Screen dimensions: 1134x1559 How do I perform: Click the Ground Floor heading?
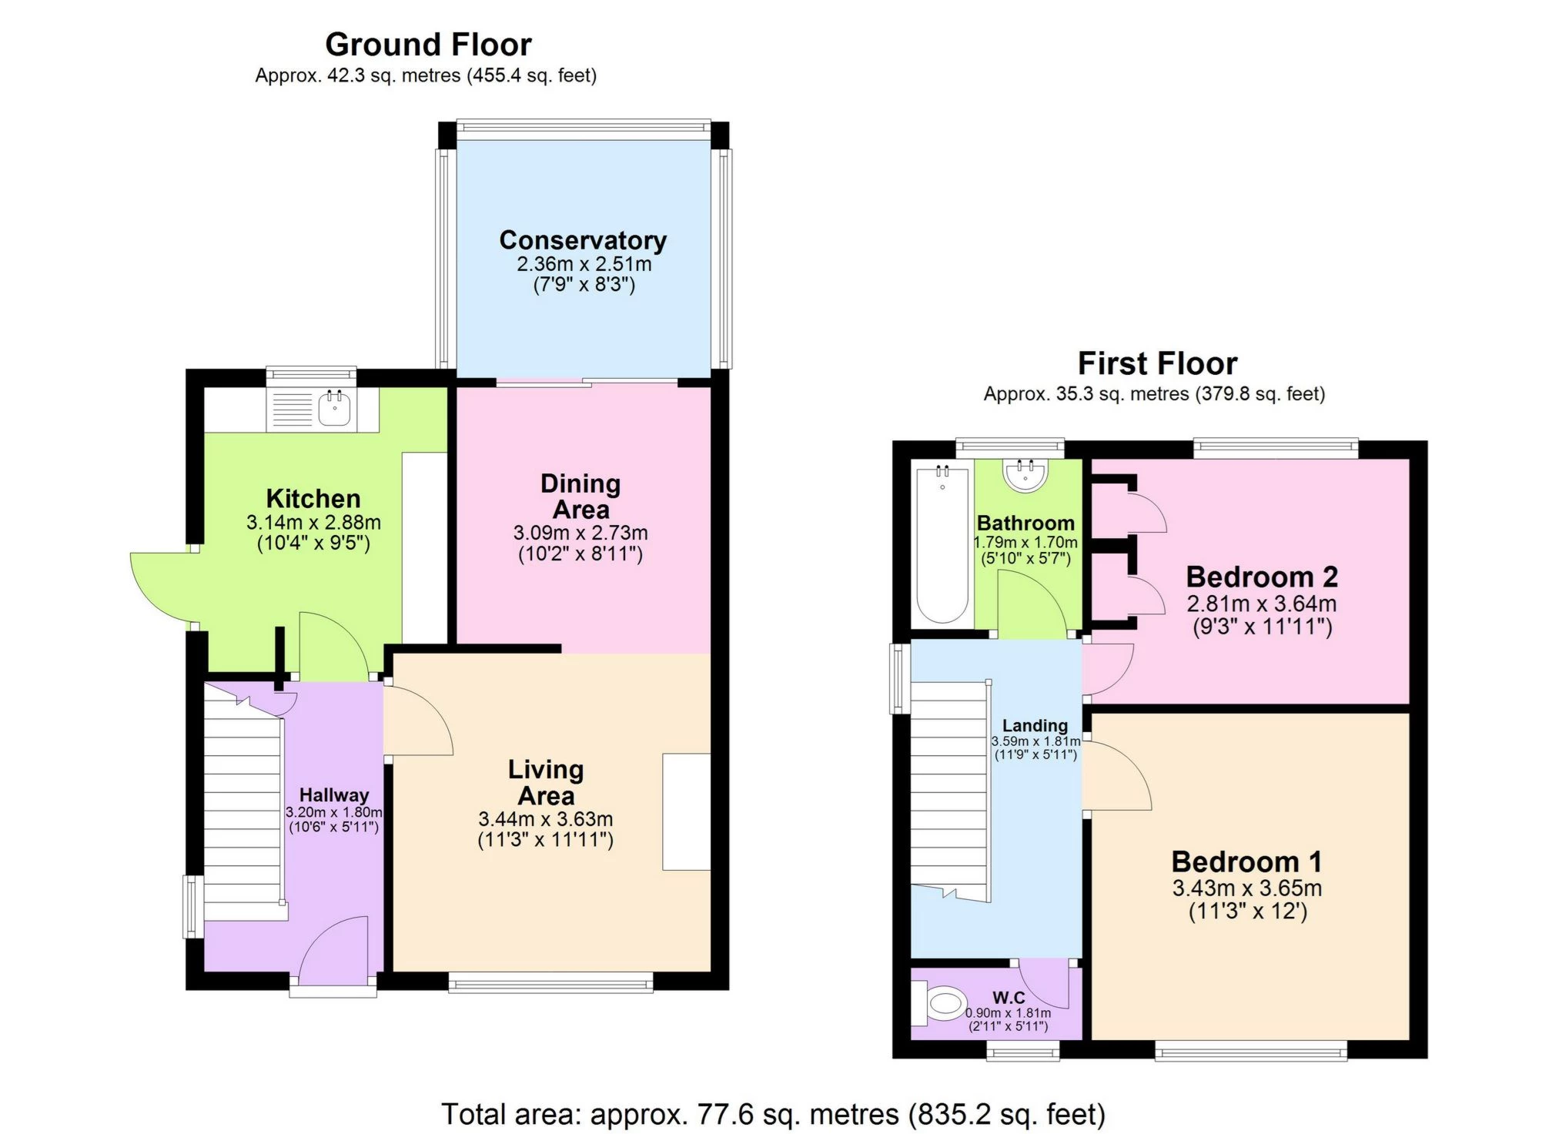[x=428, y=45]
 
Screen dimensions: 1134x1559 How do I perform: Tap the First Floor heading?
[x=1156, y=363]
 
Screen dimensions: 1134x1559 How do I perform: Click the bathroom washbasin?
[x=1025, y=474]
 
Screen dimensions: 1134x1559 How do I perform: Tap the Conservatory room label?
[x=583, y=240]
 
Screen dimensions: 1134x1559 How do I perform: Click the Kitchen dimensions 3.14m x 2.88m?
[x=313, y=522]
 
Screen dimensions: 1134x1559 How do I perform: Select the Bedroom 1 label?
[x=1246, y=861]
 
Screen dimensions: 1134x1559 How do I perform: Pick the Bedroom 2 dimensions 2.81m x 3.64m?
[x=1261, y=604]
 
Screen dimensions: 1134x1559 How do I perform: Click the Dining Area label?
[x=580, y=497]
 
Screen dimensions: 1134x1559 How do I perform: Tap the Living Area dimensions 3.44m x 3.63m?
[x=545, y=819]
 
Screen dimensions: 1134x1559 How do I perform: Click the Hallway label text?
[x=333, y=794]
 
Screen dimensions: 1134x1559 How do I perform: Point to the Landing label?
[x=1035, y=725]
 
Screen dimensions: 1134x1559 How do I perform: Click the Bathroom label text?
[x=1025, y=523]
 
